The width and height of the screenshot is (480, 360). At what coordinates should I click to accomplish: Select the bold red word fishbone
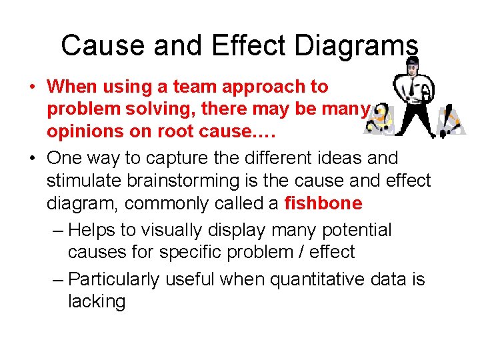click(323, 203)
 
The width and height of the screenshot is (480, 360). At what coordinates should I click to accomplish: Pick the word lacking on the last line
click(97, 301)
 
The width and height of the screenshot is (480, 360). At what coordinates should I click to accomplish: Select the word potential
click(357, 230)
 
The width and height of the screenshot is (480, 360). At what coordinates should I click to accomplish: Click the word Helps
click(92, 230)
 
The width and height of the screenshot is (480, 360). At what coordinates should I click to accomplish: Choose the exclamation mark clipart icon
click(449, 119)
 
